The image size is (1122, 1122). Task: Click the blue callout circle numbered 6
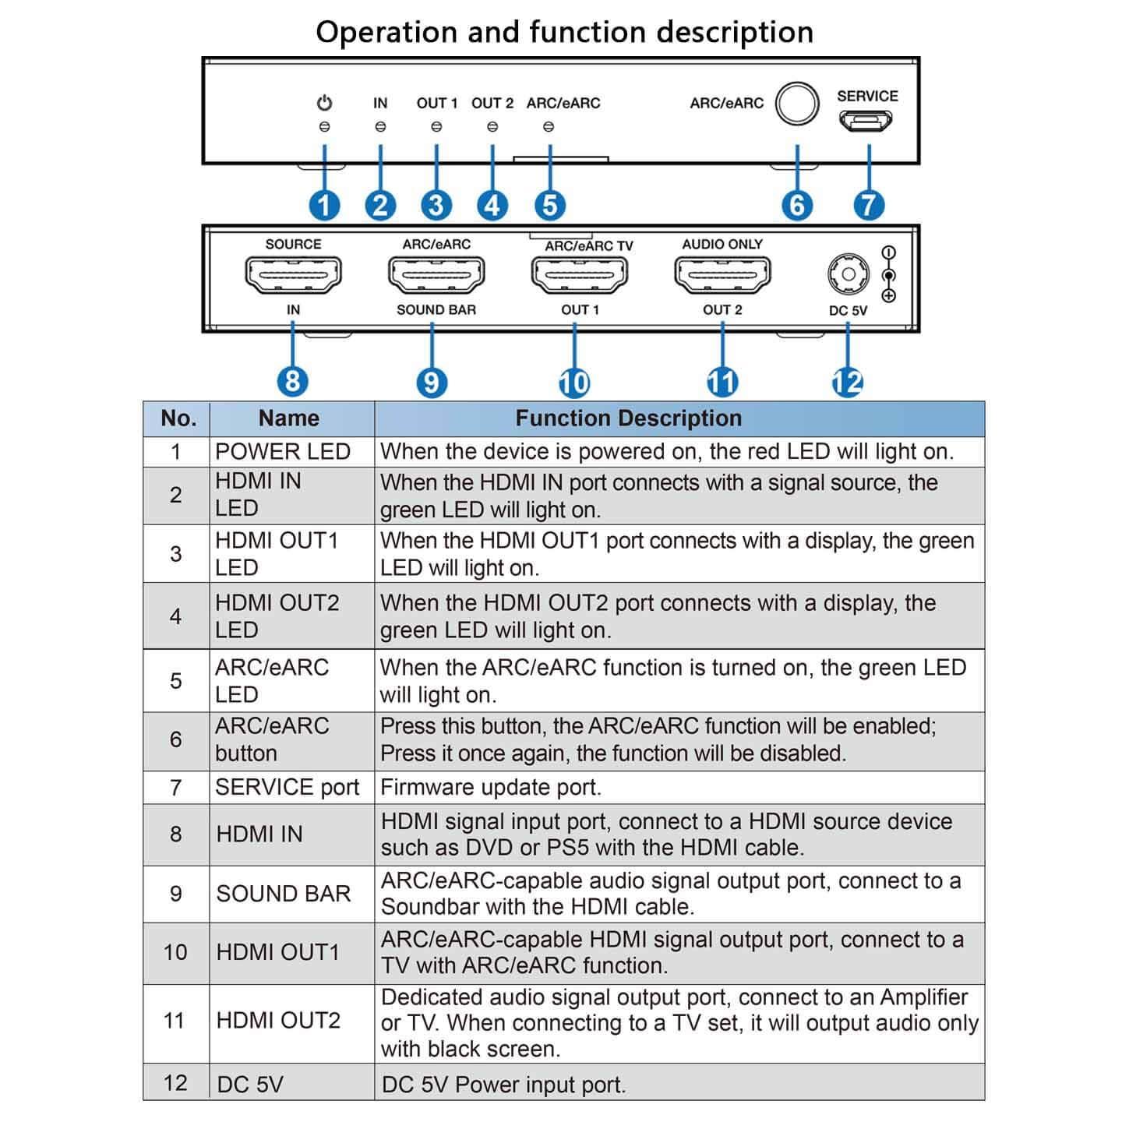point(797,206)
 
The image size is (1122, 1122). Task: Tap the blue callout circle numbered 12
point(848,383)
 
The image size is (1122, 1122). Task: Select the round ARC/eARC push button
point(797,104)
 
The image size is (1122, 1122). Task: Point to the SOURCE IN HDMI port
point(293,275)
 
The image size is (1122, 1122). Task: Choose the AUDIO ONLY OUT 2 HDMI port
point(722,275)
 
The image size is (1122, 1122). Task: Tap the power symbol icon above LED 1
point(324,103)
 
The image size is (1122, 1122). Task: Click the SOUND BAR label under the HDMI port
point(436,310)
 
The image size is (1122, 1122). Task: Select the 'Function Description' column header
point(628,418)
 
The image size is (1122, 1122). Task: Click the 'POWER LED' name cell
point(283,452)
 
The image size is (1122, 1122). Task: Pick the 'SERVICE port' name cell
point(288,788)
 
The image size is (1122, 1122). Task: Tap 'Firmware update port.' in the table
point(491,788)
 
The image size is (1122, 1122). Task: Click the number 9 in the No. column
point(176,894)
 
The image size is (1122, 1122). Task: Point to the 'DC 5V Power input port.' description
point(503,1085)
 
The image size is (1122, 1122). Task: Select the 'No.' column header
point(178,418)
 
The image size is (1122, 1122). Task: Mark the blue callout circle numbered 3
point(436,206)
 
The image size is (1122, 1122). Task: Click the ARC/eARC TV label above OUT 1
point(589,246)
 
